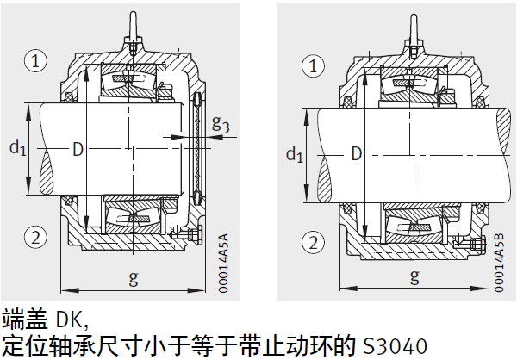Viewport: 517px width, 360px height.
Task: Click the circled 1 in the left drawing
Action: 35,60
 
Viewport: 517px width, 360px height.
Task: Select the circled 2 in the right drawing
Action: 315,242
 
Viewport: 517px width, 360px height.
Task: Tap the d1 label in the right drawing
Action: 294,154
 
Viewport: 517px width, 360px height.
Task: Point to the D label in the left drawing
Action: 78,150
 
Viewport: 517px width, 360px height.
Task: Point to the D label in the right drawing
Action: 354,154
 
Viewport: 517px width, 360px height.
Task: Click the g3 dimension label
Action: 221,124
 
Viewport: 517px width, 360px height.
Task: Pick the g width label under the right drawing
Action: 414,277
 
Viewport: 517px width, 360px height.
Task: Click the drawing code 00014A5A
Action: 224,264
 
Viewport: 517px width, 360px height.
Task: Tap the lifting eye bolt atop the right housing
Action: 414,31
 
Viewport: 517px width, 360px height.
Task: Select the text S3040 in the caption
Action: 391,346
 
